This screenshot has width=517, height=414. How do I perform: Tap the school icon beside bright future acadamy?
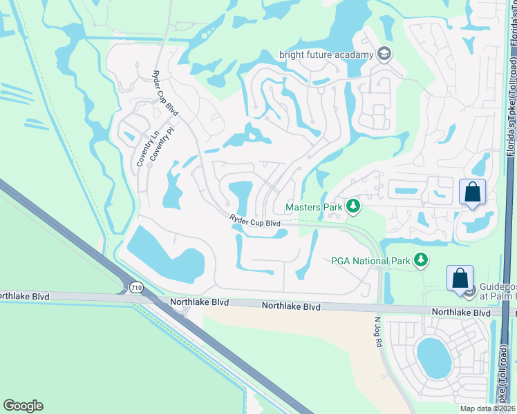[x=384, y=55]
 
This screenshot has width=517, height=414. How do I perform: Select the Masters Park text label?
[x=315, y=206]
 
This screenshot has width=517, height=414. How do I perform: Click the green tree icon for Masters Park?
[x=353, y=206]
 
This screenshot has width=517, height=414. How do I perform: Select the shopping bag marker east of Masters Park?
[x=472, y=191]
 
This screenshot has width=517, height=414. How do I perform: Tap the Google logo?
[x=23, y=406]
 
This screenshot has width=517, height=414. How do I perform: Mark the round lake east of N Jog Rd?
[x=433, y=358]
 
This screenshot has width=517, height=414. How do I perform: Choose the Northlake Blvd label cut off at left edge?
[x=25, y=296]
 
